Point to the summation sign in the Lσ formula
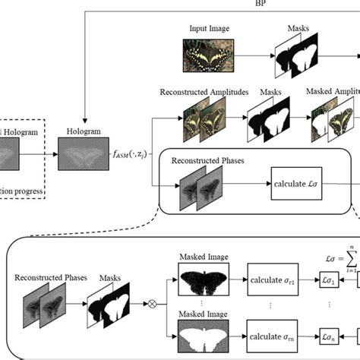coord(351,259)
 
